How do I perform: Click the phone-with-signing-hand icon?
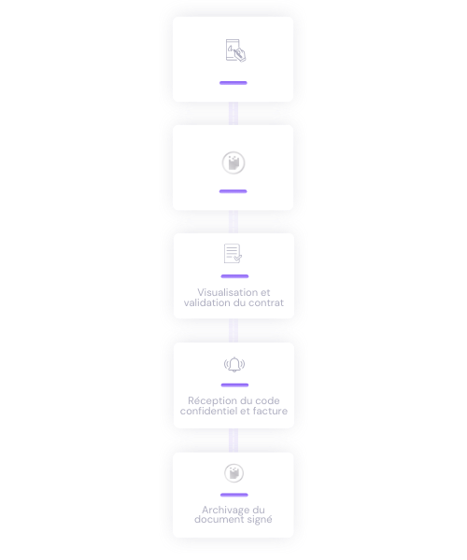(235, 50)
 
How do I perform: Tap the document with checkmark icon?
(233, 254)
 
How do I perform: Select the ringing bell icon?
(234, 365)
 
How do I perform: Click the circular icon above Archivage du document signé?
(234, 473)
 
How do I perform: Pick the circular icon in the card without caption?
(233, 162)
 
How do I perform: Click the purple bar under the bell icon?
(234, 385)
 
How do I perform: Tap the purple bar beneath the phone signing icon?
(233, 83)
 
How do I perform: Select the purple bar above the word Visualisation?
(234, 276)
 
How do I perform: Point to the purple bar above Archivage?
(234, 495)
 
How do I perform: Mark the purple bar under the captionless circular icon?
(233, 191)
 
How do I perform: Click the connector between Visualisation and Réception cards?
(233, 330)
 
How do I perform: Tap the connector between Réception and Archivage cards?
(233, 441)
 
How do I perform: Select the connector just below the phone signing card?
(233, 114)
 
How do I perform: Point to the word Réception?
(209, 401)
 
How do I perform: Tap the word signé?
(260, 520)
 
